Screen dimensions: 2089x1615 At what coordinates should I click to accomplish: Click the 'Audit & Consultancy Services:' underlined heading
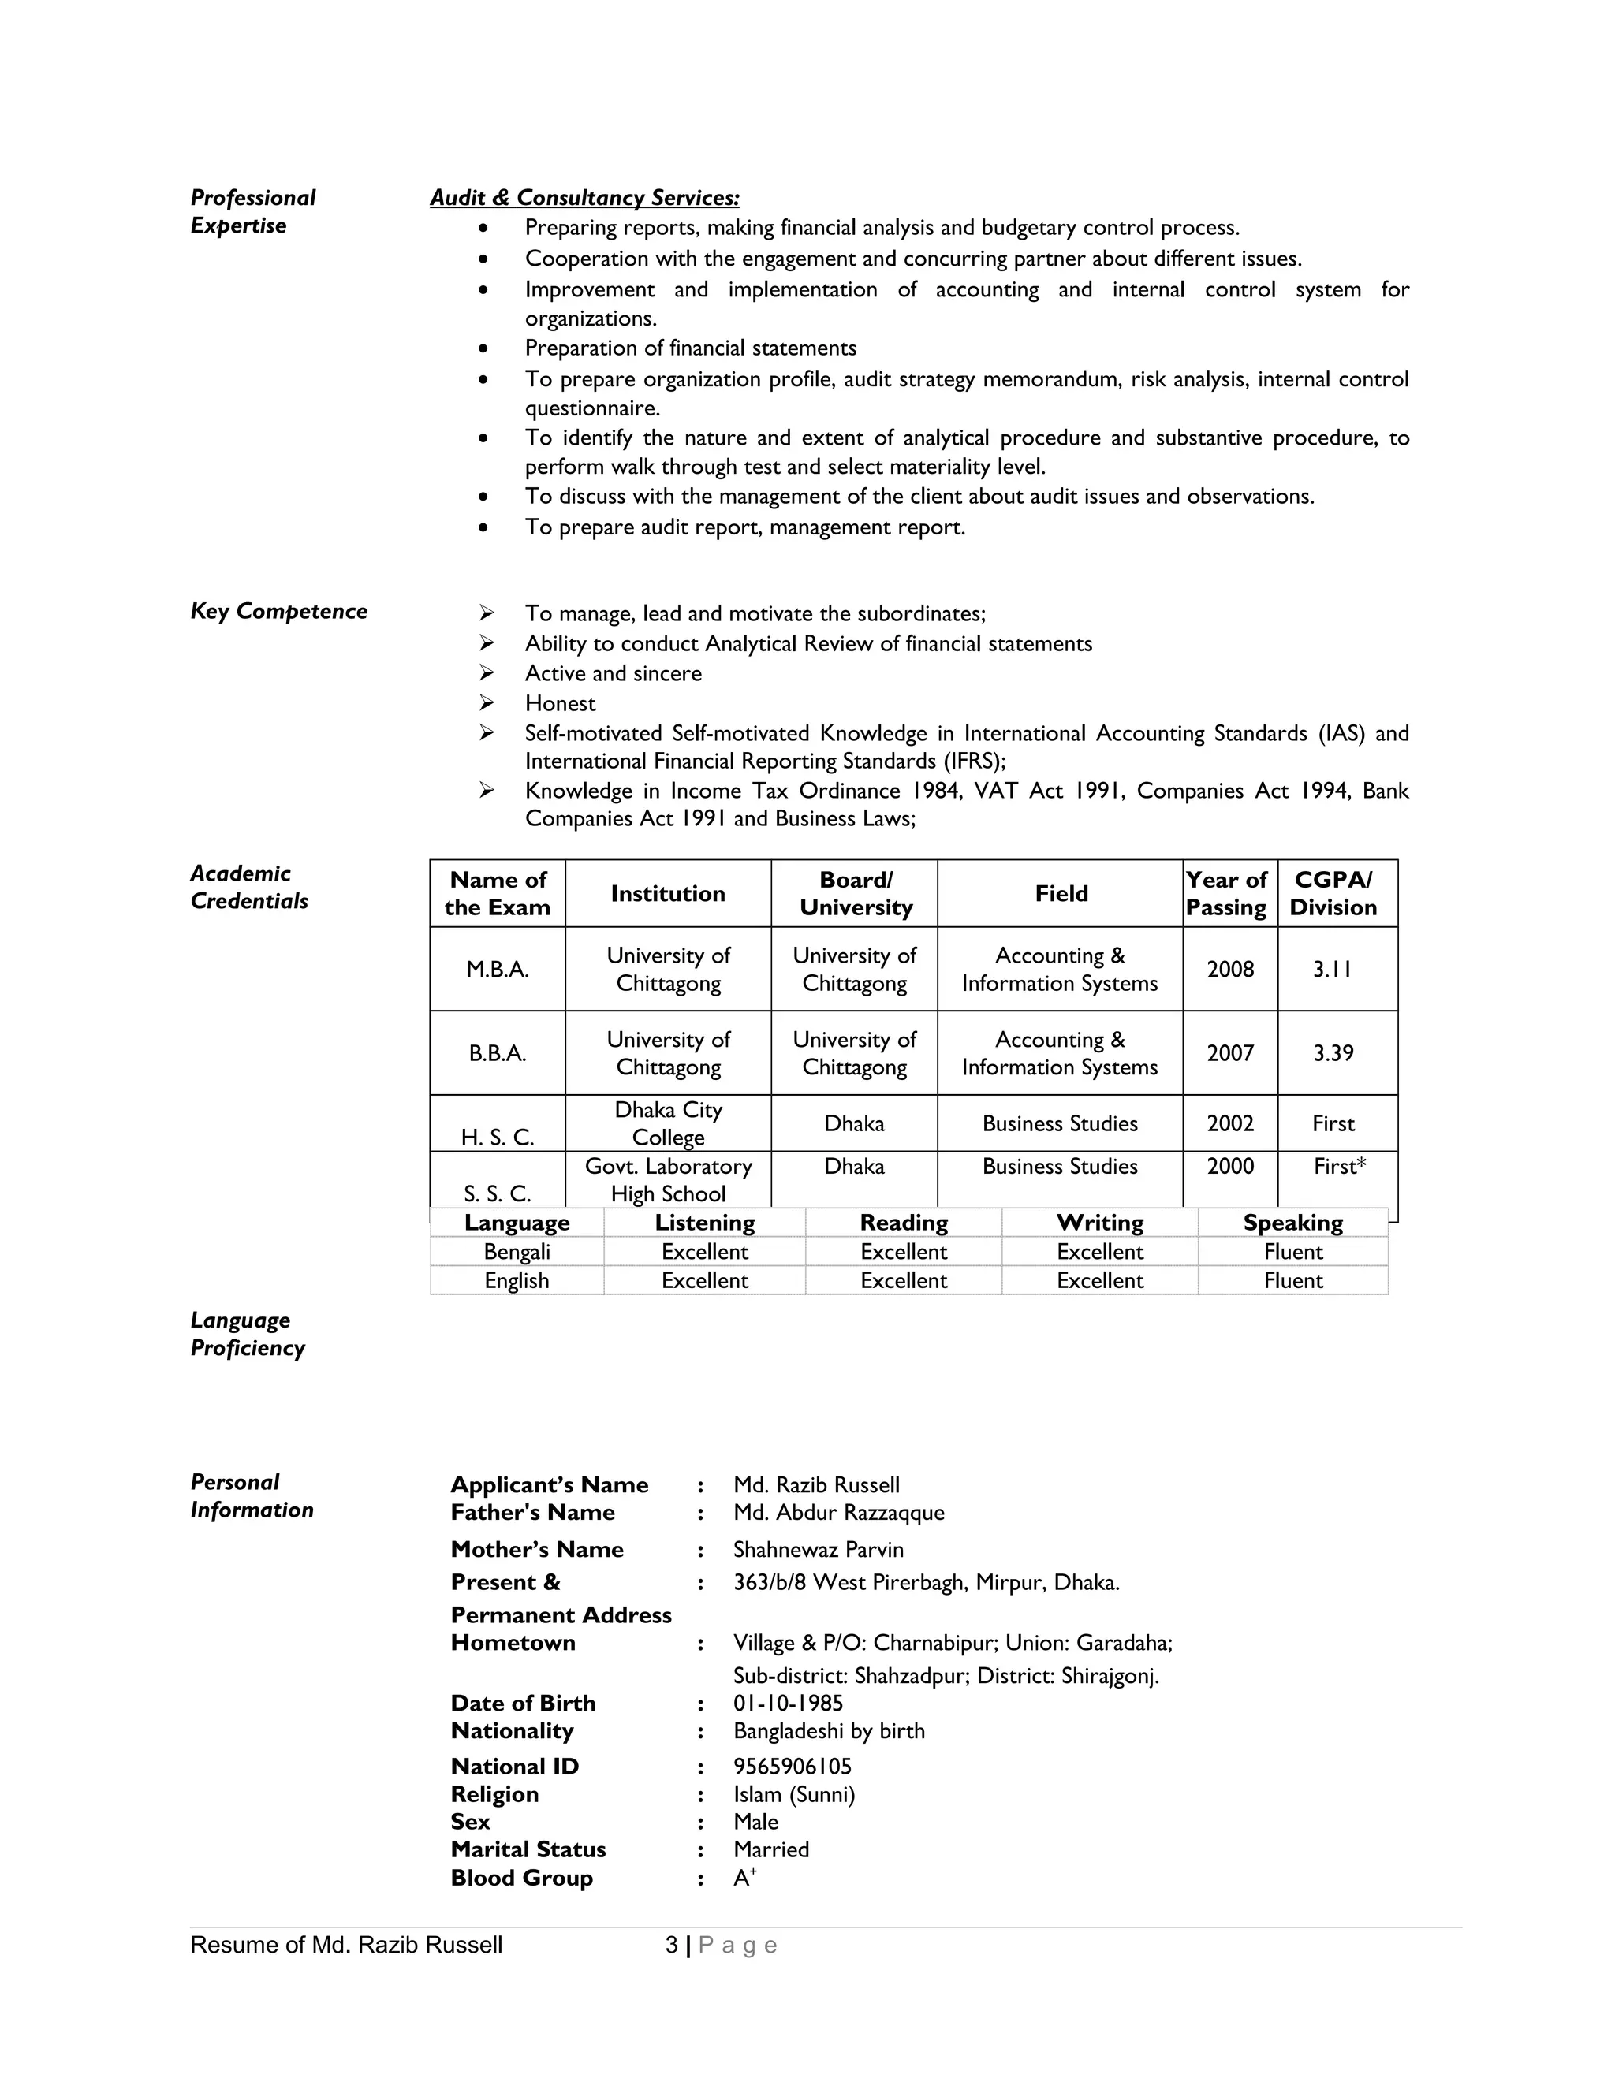[x=584, y=198]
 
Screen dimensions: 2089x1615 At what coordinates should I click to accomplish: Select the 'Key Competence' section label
[x=278, y=611]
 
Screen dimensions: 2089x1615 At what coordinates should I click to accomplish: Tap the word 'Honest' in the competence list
[x=560, y=704]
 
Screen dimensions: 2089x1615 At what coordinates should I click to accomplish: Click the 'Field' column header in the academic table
[x=1060, y=893]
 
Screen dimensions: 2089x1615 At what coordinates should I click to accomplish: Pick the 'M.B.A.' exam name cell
[x=498, y=969]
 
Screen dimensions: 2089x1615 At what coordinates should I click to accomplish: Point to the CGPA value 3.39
[x=1333, y=1053]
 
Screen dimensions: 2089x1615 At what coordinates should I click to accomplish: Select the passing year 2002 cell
[x=1229, y=1124]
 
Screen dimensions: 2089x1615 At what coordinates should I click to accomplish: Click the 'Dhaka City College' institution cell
[x=668, y=1124]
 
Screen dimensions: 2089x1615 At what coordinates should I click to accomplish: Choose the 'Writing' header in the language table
[x=1099, y=1223]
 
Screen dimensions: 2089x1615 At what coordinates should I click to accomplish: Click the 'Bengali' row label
[x=517, y=1252]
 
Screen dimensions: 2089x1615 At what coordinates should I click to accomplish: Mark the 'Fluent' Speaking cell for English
[x=1292, y=1281]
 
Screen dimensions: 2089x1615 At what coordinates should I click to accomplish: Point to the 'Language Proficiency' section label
[x=247, y=1335]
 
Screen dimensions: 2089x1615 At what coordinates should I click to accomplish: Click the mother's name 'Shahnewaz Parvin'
[x=818, y=1550]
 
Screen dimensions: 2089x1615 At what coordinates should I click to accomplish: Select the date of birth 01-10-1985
[x=789, y=1704]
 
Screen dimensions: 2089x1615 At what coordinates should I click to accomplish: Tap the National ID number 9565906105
[x=793, y=1767]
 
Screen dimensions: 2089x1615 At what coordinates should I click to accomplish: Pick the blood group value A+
[x=744, y=1878]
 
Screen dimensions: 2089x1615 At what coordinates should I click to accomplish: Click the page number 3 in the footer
[x=672, y=1945]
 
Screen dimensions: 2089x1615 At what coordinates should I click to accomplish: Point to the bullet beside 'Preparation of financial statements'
[x=484, y=349]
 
